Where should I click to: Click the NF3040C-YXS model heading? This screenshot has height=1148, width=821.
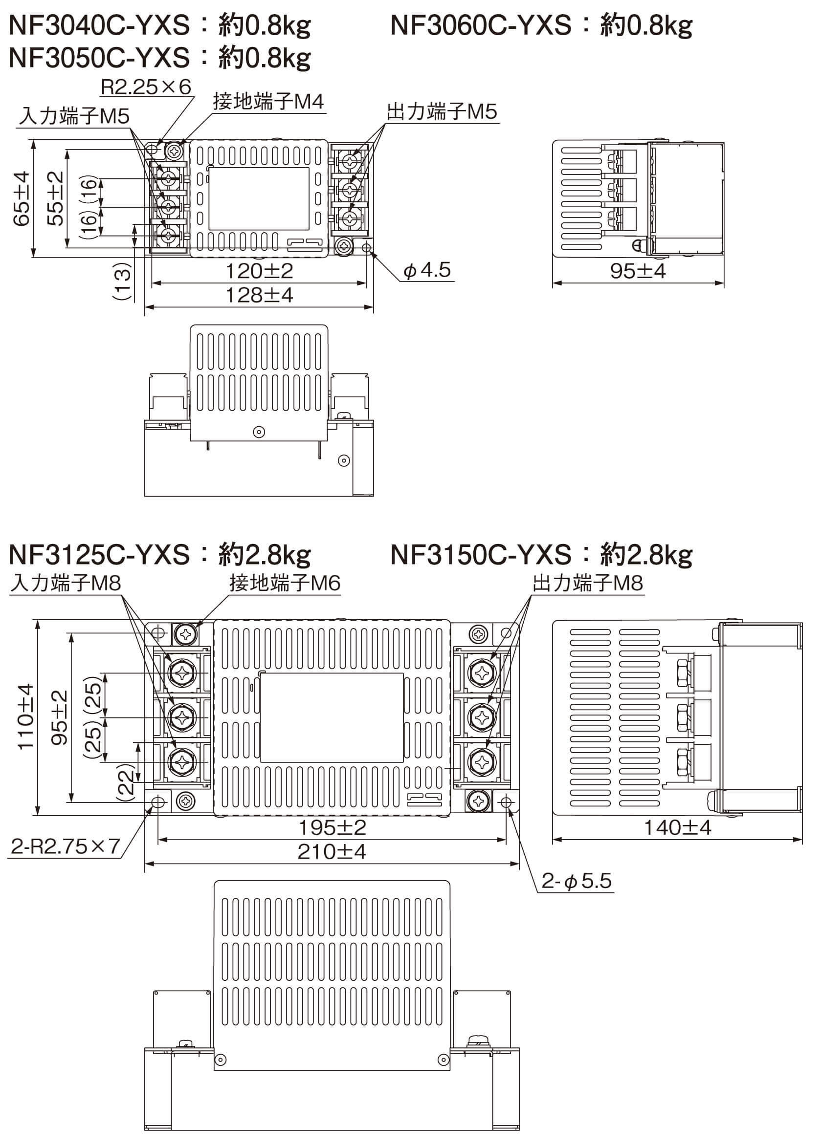[99, 25]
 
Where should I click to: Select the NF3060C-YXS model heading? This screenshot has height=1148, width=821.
[481, 25]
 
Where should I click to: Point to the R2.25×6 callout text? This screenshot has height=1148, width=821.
[146, 87]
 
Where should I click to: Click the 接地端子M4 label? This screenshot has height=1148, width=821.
[268, 102]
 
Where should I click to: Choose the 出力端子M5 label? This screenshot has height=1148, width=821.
[442, 111]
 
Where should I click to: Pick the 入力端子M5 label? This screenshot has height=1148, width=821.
[74, 116]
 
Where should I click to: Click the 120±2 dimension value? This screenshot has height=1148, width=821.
[259, 271]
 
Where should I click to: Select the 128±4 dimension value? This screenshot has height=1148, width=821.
[259, 295]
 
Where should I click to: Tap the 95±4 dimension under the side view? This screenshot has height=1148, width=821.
[638, 271]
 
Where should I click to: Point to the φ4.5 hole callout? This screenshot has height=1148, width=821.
[427, 270]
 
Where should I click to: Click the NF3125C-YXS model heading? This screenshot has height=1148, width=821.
[99, 555]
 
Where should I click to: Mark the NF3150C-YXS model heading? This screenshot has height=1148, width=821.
[481, 555]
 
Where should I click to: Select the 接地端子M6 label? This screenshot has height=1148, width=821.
[285, 583]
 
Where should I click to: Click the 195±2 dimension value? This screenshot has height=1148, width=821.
[332, 828]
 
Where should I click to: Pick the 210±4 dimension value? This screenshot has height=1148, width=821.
[332, 852]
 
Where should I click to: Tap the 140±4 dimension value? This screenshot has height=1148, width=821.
[677, 828]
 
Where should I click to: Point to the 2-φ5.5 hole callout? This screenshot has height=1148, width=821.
[577, 881]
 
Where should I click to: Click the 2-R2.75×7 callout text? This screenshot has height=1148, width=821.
[65, 846]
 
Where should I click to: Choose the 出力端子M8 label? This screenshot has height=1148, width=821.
[588, 583]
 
